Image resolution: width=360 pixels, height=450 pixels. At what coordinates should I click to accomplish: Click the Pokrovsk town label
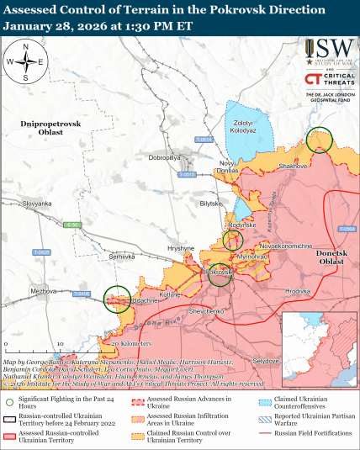pos(220,273)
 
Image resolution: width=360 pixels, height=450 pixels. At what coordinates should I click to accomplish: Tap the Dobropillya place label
pos(165,157)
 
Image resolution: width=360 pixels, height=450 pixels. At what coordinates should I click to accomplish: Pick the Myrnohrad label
pos(251,255)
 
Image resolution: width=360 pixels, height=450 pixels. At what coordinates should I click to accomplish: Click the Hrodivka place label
pos(298,291)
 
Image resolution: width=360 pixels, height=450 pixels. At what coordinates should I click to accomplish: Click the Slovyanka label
pos(37,204)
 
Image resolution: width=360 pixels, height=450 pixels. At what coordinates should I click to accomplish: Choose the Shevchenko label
pos(206,311)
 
